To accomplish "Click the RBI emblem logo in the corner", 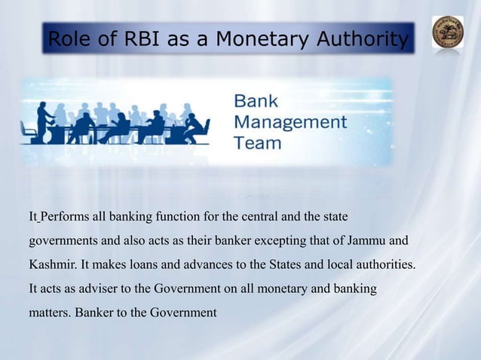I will click(447, 32).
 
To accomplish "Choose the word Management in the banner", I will click(290, 122).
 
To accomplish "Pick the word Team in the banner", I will click(258, 142).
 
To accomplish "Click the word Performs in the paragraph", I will click(65, 218).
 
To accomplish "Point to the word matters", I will click(49, 312).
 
